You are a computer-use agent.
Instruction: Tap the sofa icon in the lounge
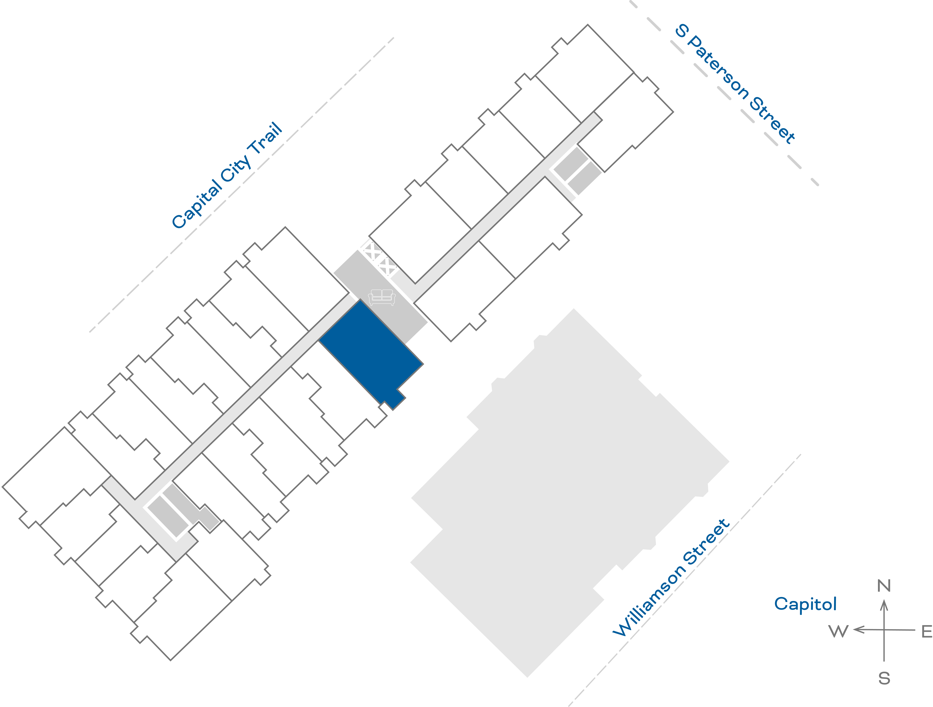point(382,297)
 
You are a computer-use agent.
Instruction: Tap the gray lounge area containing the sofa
point(380,295)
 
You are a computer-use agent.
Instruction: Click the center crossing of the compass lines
point(884,630)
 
